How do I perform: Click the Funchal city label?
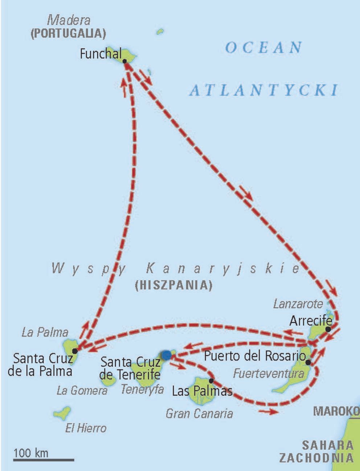[x=101, y=54]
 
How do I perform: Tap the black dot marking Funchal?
[x=124, y=61]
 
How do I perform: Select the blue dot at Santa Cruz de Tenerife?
[x=166, y=355]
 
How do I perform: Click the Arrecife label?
[x=311, y=321]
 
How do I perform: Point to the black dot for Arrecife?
[x=328, y=329]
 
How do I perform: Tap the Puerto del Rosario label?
[x=254, y=356]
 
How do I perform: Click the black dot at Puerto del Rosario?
[x=308, y=362]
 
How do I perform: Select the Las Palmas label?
[x=202, y=391]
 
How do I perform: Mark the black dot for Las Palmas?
[x=211, y=381]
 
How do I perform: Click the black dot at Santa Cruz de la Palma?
[x=75, y=351]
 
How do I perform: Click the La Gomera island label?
[x=82, y=391]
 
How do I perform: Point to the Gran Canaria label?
[x=199, y=413]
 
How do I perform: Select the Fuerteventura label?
[x=269, y=373]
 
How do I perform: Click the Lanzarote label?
[x=298, y=304]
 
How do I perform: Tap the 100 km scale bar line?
[x=44, y=460]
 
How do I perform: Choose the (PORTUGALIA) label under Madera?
[x=68, y=34]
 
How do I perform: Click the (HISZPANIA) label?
[x=173, y=285]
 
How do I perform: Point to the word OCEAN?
[x=263, y=48]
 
